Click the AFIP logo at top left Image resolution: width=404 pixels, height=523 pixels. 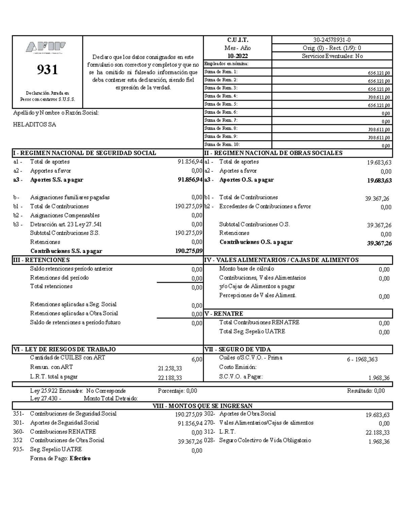tap(46, 47)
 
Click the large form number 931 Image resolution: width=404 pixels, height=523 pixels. tap(47, 70)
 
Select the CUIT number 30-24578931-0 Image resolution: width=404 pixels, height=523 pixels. tap(332, 40)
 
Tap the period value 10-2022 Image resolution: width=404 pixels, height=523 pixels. tap(237, 56)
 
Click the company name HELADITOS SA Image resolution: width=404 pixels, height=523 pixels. tap(34, 125)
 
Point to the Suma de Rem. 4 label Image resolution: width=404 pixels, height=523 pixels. tap(221, 96)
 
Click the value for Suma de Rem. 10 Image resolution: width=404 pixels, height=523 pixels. tap(386, 146)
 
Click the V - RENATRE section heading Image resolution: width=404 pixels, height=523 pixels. tap(224, 314)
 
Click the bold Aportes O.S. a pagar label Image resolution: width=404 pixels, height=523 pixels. tap(246, 180)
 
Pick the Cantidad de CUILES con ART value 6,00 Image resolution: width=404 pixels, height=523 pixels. tap(197, 359)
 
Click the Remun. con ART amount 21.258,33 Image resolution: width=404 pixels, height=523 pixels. tap(170, 368)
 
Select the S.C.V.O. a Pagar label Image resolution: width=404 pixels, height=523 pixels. tap(241, 377)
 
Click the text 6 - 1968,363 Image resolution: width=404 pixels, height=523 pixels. tap(362, 359)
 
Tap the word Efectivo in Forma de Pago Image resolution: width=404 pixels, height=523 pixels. tap(80, 458)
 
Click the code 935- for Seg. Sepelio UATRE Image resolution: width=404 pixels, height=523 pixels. tap(18, 449)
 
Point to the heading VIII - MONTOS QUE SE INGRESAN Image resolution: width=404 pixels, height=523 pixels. tap(203, 406)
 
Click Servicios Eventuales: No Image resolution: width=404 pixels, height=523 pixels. tap(332, 56)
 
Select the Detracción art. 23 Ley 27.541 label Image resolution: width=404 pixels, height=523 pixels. tap(66, 224)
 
